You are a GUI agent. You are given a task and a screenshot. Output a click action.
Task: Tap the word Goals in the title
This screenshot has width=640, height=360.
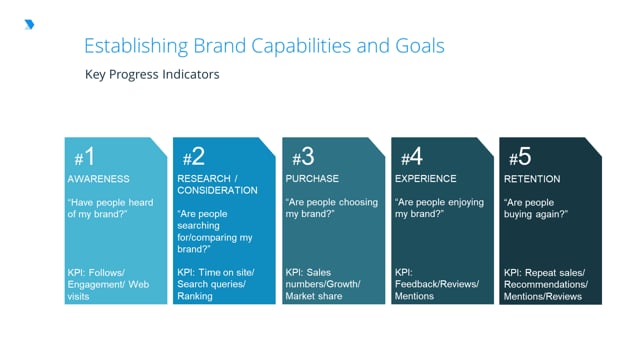tap(417, 46)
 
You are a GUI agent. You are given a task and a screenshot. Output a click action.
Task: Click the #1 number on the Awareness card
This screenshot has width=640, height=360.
tap(84, 157)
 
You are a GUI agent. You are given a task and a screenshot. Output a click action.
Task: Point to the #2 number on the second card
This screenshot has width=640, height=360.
tap(193, 157)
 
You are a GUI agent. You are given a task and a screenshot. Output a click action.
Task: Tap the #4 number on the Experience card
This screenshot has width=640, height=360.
tap(411, 157)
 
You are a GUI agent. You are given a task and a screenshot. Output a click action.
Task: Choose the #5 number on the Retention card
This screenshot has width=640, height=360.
tap(520, 157)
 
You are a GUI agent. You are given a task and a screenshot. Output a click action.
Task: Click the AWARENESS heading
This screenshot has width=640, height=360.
tap(98, 179)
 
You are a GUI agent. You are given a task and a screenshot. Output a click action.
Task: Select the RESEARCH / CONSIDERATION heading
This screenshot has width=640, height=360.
tap(217, 184)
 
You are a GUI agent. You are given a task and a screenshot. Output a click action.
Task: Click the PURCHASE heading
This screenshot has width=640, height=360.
tap(312, 179)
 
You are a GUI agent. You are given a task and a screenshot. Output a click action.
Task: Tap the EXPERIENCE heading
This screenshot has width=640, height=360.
tap(426, 179)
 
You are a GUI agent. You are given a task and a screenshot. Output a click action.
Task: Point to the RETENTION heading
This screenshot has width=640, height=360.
tap(532, 179)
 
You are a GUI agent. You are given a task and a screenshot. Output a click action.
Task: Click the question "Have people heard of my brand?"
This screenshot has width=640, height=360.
tap(109, 208)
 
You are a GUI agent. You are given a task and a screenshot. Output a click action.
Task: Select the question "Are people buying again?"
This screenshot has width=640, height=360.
tap(536, 208)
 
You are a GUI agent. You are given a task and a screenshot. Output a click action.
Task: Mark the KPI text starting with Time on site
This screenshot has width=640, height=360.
tap(216, 284)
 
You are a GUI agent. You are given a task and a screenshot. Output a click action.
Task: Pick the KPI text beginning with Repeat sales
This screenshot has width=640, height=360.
tap(546, 284)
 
